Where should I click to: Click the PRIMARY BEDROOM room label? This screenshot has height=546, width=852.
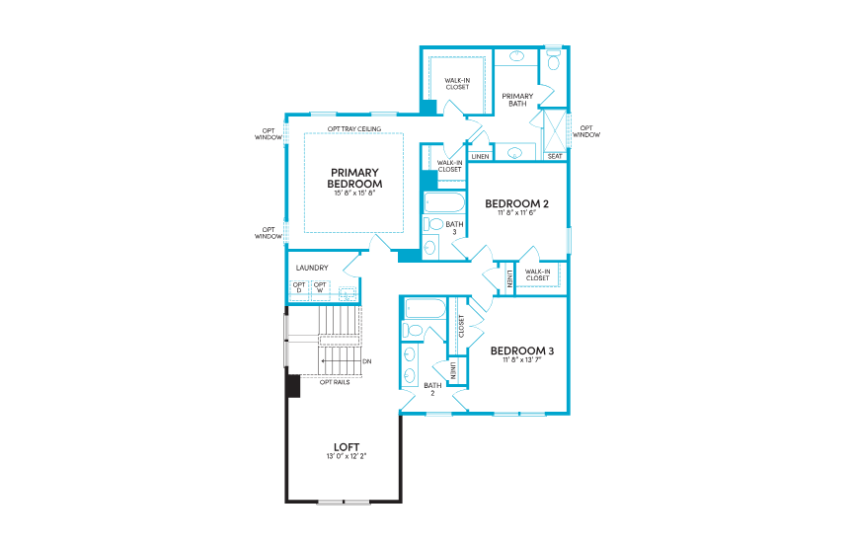point(354,178)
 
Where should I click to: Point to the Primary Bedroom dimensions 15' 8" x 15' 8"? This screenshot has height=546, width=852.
point(354,194)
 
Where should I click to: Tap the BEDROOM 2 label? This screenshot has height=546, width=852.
point(516,203)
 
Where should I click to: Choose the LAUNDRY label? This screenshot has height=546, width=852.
point(312,268)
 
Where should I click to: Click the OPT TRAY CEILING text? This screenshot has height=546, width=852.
point(354,129)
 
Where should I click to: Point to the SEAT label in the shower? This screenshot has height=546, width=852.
point(555,156)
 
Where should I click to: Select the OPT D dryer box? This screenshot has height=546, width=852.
point(299,288)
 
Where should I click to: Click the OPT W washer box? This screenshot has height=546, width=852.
point(320,288)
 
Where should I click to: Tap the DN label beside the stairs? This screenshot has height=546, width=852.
point(367,361)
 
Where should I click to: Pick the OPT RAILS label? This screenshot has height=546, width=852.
point(335,381)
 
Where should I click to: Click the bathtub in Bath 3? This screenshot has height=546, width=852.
point(443,202)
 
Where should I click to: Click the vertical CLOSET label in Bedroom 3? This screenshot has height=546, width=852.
point(461,326)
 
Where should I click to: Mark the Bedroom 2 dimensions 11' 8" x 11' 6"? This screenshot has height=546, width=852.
point(516,213)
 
